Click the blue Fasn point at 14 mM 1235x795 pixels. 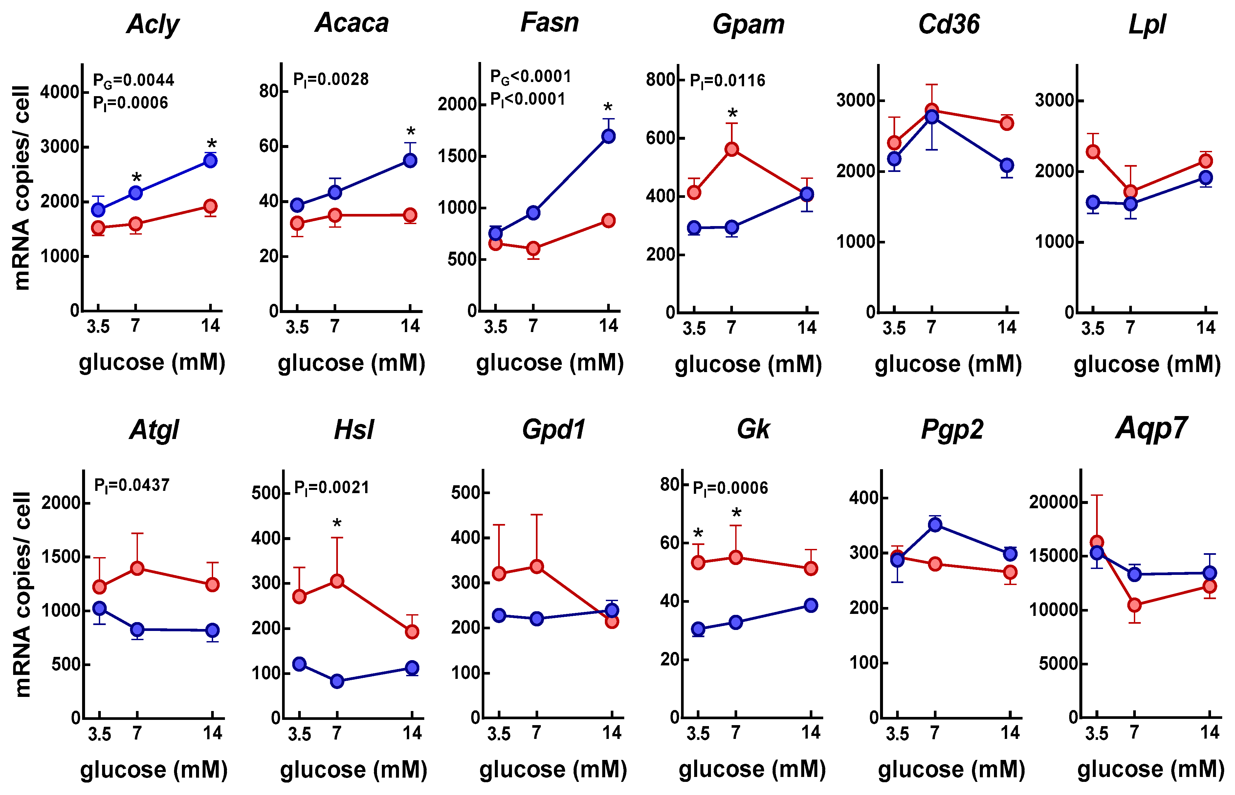pyautogui.click(x=608, y=136)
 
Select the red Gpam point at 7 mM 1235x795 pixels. pyautogui.click(x=731, y=150)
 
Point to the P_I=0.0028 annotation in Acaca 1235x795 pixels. pyautogui.click(x=331, y=79)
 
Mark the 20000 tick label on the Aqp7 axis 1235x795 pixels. pyautogui.click(x=1054, y=502)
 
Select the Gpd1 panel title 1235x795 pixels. pyautogui.click(x=553, y=429)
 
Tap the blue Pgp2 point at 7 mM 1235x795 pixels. pyautogui.click(x=935, y=525)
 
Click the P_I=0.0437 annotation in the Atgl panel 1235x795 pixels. pyautogui.click(x=132, y=485)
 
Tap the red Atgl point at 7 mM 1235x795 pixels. pyautogui.click(x=137, y=568)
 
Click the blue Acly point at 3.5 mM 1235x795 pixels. pyautogui.click(x=98, y=210)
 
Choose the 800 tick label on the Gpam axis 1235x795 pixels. pyautogui.click(x=661, y=80)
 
